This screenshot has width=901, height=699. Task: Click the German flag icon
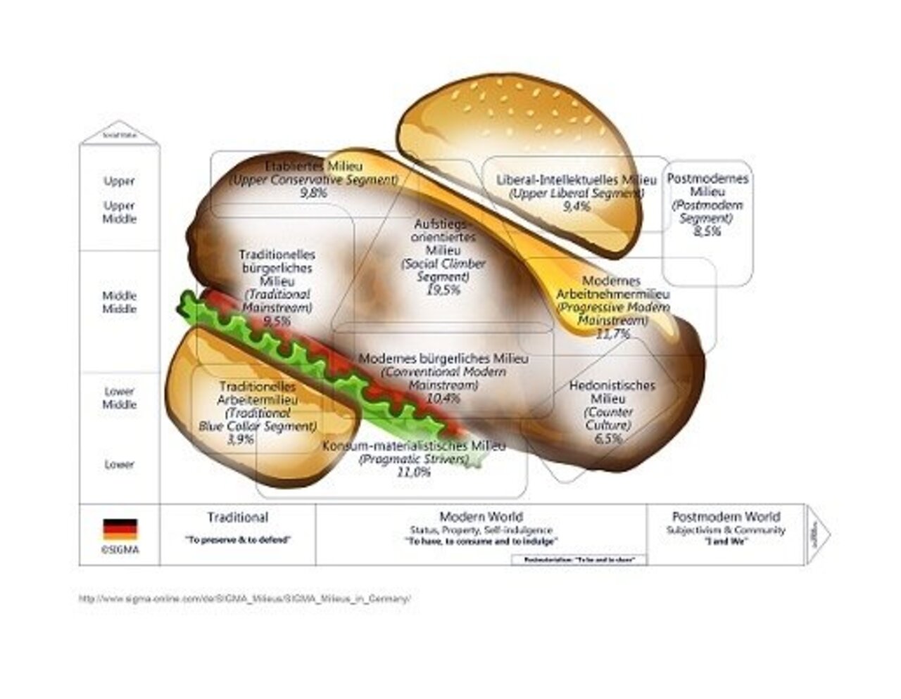pos(120,529)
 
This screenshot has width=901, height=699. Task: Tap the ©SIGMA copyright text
pos(120,550)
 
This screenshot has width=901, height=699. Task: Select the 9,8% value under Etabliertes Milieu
pos(313,193)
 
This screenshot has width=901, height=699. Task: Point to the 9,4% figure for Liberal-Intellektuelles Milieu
pos(576,206)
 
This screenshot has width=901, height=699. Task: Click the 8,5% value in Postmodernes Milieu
pos(707,231)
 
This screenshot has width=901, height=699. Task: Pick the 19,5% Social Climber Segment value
pos(443,290)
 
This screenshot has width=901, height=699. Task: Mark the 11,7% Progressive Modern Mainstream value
pos(612,334)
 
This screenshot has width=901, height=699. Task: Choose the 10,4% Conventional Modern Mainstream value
pos(443,399)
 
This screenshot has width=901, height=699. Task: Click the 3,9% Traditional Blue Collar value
pos(240,440)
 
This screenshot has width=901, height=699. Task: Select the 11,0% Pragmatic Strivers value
pos(414,473)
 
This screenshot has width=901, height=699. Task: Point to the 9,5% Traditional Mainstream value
pos(277,321)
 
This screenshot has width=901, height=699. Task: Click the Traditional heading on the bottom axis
pos(237,518)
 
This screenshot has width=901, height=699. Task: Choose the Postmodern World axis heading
pos(726,517)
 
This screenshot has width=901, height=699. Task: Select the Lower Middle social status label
pos(120,398)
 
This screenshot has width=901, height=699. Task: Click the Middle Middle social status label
pos(120,302)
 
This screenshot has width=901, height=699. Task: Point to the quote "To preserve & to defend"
pos(238,540)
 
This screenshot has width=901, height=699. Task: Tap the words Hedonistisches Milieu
pos(612,392)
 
